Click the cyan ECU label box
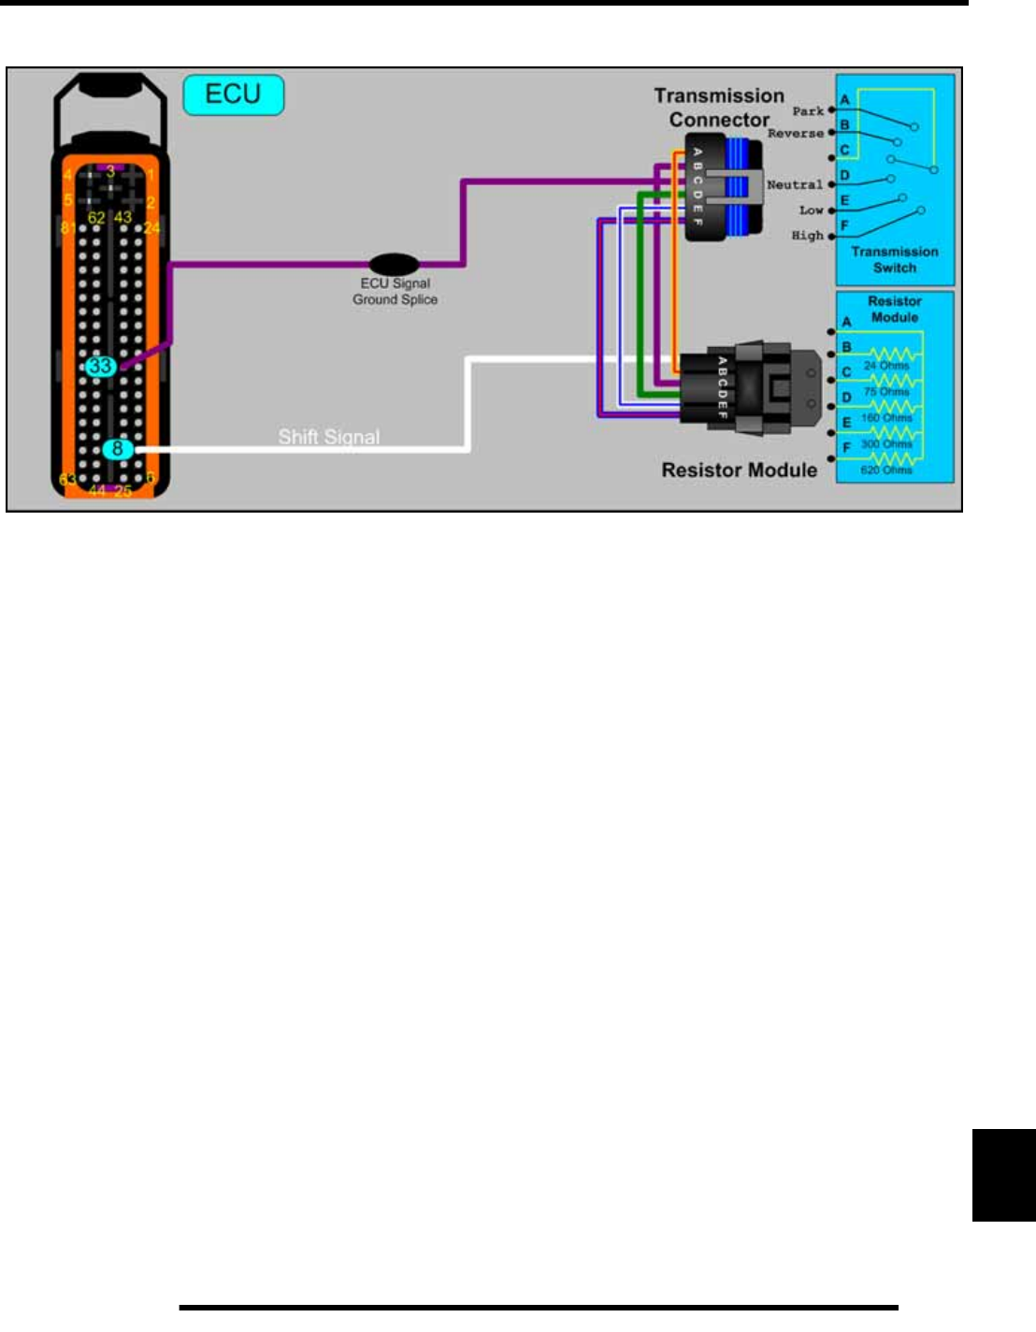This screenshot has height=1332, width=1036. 233,94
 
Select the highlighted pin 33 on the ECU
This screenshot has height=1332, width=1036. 100,367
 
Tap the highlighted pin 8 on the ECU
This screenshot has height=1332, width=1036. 117,449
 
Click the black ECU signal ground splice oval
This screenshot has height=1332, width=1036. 394,265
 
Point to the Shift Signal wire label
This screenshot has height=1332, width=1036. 329,437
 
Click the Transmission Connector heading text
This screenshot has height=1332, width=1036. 719,108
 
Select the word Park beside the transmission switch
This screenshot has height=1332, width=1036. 808,111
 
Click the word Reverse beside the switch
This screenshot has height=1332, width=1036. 796,134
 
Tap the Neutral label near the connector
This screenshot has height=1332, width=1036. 795,185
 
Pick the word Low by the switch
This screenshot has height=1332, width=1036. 811,210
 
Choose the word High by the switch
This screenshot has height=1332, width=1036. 808,236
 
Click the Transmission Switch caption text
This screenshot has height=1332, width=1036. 895,259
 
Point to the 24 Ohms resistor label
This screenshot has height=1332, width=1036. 885,366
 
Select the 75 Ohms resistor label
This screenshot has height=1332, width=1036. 885,392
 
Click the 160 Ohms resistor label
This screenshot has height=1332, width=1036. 885,418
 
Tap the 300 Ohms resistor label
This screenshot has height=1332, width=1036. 885,444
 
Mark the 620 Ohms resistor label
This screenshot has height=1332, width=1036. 885,471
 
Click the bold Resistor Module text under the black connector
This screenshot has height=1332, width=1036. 739,470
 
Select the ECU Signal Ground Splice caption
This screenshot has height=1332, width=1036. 395,291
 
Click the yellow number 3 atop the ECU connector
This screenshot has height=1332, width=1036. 110,171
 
